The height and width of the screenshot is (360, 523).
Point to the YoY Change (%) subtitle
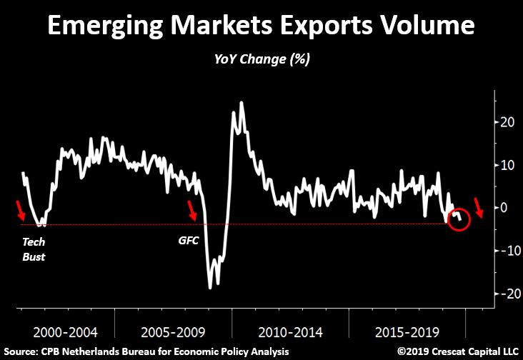tap(262, 59)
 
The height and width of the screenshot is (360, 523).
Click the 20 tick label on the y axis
tap(507, 122)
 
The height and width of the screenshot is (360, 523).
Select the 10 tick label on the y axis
tap(507, 165)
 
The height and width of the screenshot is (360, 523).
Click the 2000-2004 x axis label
tap(66, 332)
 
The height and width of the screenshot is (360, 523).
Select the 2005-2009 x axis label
tap(173, 332)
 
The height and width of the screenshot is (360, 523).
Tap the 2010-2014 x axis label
tap(290, 332)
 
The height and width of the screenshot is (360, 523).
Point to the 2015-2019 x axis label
tap(407, 332)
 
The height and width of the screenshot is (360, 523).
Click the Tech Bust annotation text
tap(34, 249)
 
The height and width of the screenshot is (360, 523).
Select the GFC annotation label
tap(189, 240)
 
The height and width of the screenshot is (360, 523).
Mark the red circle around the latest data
tap(458, 209)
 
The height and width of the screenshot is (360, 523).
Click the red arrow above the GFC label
tap(191, 211)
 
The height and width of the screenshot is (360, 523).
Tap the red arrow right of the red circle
tap(479, 207)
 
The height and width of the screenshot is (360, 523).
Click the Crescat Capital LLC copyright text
tap(457, 351)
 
